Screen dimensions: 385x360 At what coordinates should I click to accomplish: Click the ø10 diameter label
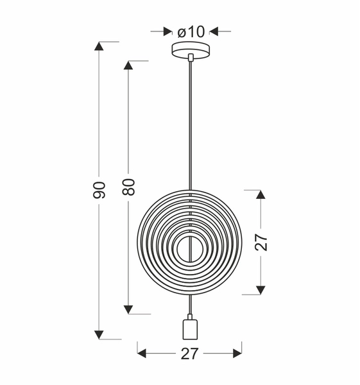(x=191, y=31)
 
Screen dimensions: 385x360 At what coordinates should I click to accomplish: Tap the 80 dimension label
(x=128, y=187)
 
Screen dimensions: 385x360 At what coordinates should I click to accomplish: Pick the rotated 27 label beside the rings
(x=261, y=241)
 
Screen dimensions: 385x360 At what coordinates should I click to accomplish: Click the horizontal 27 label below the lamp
(x=189, y=354)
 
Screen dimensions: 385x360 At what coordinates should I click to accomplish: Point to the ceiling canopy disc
(x=191, y=49)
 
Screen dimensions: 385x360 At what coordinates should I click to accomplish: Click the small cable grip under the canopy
(x=191, y=58)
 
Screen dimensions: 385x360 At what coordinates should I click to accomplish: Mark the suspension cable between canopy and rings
(x=191, y=128)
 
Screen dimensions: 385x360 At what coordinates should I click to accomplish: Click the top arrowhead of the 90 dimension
(x=99, y=46)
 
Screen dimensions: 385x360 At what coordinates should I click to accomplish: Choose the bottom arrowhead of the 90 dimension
(x=99, y=334)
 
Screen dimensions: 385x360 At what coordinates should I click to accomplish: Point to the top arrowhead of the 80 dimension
(x=128, y=65)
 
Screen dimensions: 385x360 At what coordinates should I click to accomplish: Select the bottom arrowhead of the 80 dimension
(x=128, y=309)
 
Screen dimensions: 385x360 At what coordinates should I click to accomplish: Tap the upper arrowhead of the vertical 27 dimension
(x=261, y=194)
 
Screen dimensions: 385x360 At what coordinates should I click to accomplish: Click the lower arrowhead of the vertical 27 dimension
(x=261, y=290)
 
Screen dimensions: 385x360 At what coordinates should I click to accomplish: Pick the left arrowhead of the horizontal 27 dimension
(x=142, y=354)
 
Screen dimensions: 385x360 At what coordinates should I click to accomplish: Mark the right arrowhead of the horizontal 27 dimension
(x=237, y=354)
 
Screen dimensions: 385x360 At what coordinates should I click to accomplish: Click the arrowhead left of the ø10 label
(x=168, y=31)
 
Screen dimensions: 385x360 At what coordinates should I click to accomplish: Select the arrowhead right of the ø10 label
(x=214, y=31)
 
